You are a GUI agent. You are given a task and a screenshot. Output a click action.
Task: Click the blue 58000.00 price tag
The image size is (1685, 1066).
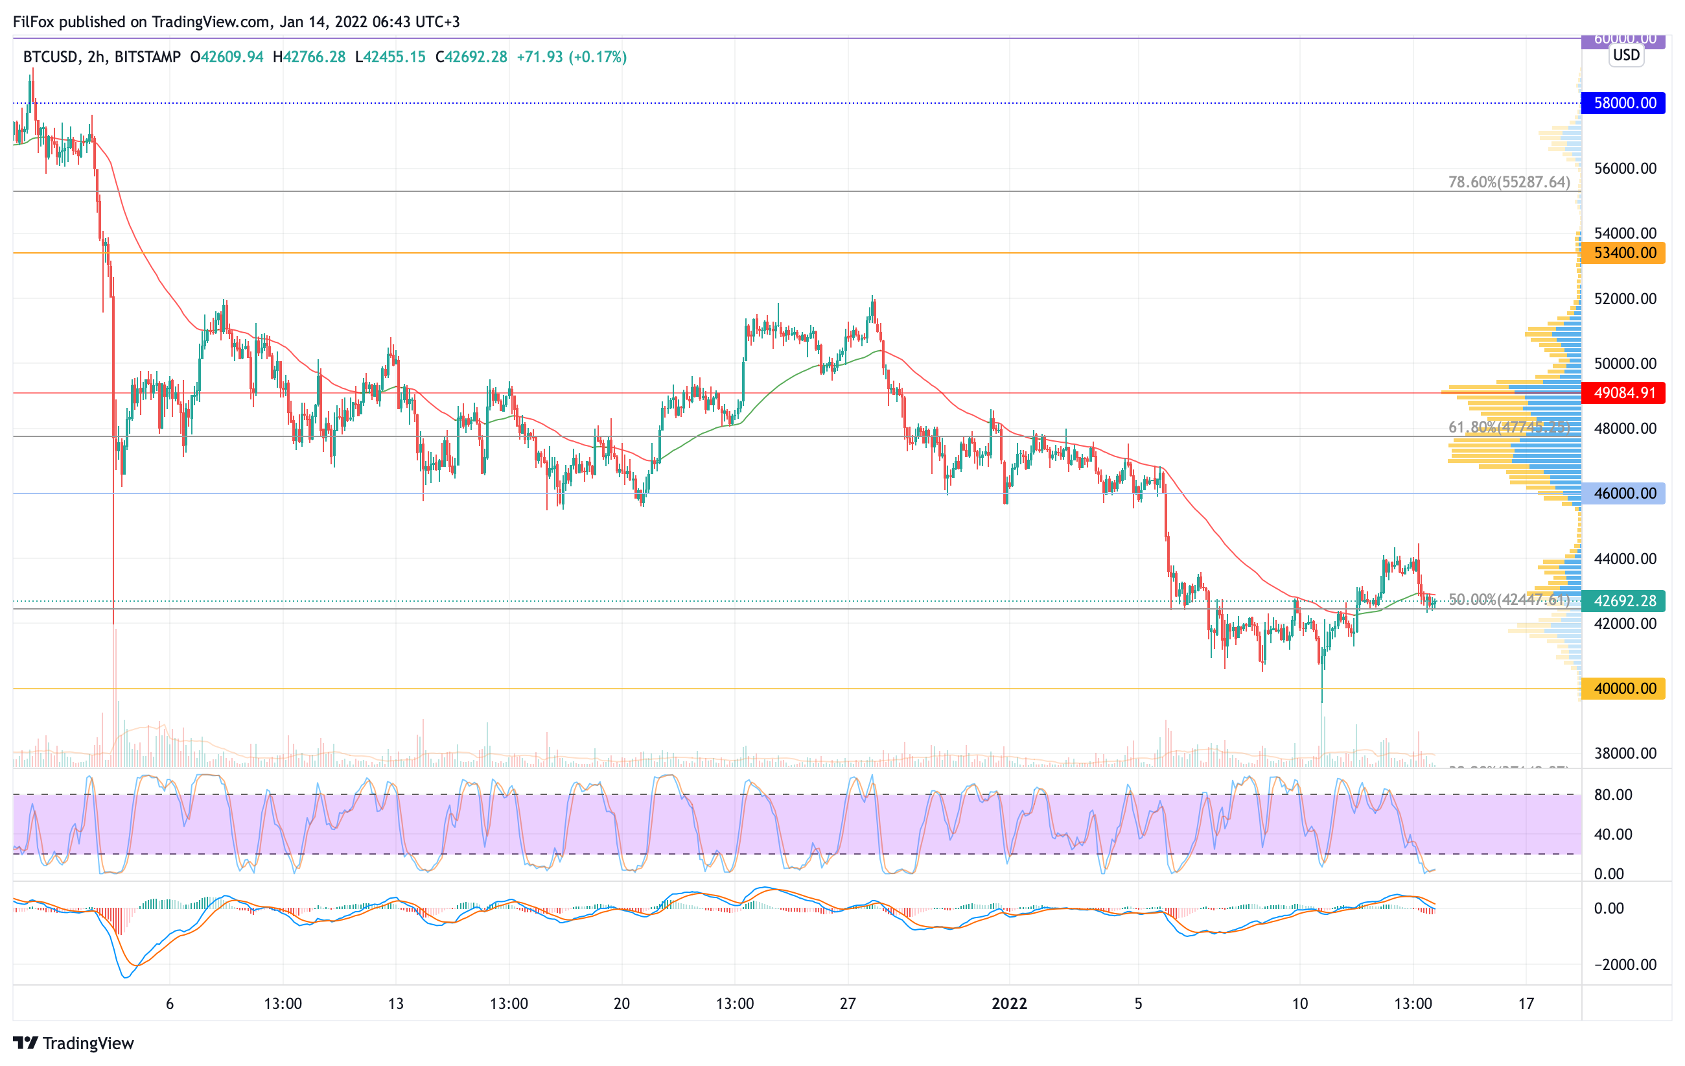(1623, 103)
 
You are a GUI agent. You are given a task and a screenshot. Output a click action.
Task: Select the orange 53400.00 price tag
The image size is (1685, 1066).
(1623, 253)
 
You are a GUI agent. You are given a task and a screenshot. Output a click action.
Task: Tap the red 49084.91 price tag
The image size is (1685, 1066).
(1623, 393)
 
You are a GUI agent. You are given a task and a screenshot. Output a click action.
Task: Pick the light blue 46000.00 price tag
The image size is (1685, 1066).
(1623, 493)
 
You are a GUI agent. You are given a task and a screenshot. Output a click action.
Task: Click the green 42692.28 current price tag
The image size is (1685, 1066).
(1623, 600)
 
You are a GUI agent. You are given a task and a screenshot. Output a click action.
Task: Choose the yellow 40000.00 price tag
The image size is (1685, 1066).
(1623, 689)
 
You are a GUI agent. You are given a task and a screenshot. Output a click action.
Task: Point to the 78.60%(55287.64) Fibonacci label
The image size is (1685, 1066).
(1509, 182)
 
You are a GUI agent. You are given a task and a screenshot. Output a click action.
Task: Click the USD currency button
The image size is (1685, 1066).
(1626, 54)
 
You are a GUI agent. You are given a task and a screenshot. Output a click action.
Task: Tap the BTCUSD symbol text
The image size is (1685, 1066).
(51, 56)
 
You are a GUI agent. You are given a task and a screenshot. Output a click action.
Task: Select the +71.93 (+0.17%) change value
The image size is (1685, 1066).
(571, 56)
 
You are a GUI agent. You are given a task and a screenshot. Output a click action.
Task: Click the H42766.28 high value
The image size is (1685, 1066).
(308, 56)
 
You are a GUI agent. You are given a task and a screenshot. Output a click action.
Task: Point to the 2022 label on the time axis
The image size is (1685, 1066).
(1009, 1004)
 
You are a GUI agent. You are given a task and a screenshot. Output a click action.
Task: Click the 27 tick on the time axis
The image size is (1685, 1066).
(848, 1004)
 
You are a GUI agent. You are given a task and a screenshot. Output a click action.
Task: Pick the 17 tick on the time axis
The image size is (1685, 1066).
(1526, 1004)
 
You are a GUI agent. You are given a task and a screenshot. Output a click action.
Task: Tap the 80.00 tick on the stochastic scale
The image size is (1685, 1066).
(1613, 794)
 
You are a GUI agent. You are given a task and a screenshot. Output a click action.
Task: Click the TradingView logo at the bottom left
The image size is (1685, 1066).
(73, 1043)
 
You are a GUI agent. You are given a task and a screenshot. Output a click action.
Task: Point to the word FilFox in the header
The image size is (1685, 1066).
(34, 21)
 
